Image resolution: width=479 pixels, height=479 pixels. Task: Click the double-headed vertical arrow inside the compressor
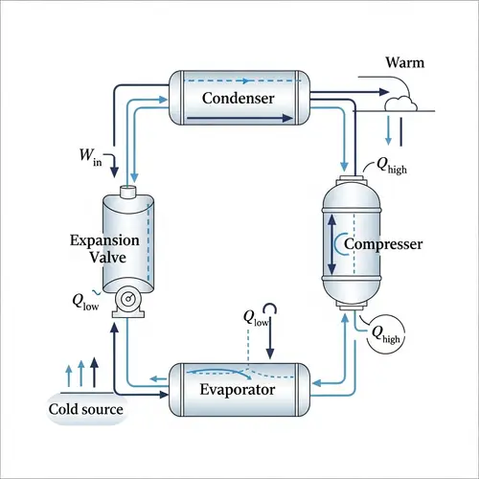coord(332,241)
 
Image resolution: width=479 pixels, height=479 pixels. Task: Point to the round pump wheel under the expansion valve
coord(125,303)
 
